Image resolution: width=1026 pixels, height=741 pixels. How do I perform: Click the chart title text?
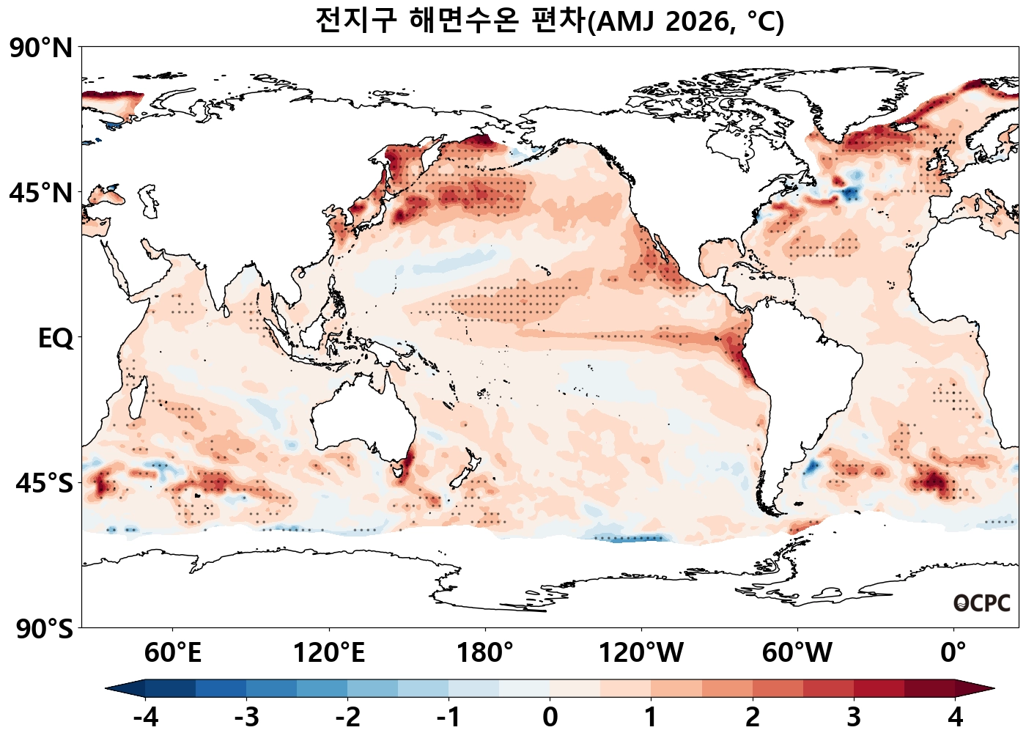(550, 21)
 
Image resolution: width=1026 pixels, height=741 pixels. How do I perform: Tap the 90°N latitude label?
(41, 48)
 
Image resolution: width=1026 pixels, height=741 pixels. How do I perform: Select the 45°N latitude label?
(41, 193)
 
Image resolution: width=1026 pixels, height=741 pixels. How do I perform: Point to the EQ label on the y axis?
(56, 339)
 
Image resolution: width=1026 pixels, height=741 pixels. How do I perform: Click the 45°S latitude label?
(44, 484)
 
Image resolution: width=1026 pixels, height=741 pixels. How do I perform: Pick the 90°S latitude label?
(44, 629)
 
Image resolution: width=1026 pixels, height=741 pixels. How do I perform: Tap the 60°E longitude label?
(172, 652)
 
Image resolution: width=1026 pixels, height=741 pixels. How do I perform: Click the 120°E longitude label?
(328, 652)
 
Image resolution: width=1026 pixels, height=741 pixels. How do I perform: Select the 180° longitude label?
(484, 652)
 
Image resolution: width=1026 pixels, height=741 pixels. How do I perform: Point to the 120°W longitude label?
(641, 652)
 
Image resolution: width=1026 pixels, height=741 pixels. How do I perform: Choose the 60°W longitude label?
(797, 652)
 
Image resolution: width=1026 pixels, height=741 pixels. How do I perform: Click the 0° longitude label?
(953, 652)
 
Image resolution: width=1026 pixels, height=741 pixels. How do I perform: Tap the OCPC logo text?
(982, 603)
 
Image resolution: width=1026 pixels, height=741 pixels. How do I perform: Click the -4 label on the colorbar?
(145, 717)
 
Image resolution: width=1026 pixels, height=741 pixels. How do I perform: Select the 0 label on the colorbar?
(550, 717)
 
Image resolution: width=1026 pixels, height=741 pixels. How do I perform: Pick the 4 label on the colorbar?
(955, 717)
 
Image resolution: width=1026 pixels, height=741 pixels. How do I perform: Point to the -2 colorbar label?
(347, 717)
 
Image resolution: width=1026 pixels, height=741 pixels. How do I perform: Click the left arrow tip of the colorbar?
(108, 688)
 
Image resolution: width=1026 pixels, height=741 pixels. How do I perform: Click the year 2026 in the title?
(697, 21)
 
